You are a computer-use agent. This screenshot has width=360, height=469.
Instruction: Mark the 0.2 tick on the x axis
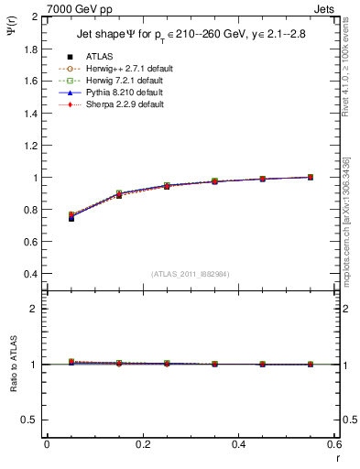(x=141, y=444)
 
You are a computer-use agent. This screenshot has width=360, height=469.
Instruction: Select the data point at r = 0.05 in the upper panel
(x=71, y=217)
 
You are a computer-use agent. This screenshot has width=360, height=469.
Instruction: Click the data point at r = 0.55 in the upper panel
(x=311, y=178)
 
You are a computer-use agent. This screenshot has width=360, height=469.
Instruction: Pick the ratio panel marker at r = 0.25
(x=167, y=364)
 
